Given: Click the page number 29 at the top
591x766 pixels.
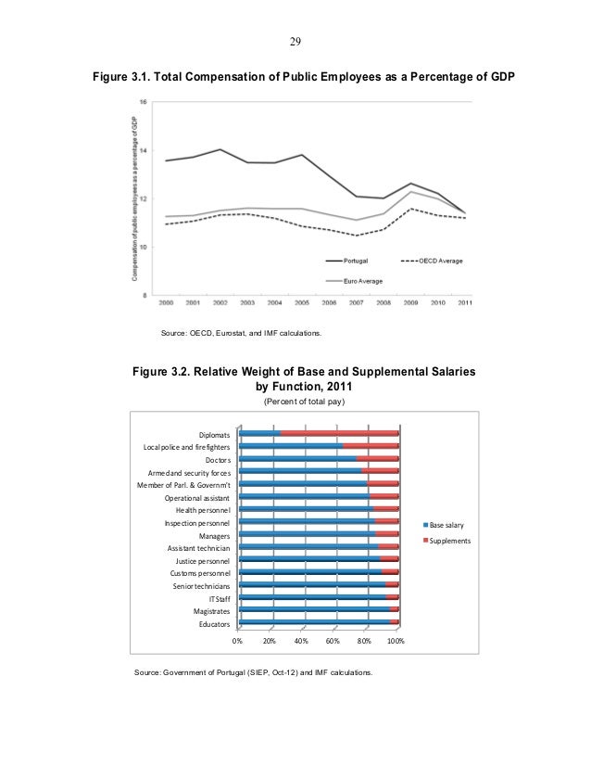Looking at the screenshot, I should coord(295,42).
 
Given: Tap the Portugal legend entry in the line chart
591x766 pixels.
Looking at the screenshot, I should coord(357,261).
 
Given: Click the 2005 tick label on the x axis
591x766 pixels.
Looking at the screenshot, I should coord(303,303).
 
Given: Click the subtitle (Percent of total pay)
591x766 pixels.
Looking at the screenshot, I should coord(304,402).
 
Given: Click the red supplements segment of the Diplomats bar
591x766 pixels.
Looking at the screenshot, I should coord(339,432).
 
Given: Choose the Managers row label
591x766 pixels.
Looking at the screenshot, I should coord(215,535).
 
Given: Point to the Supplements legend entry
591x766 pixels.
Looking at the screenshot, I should coord(450,541).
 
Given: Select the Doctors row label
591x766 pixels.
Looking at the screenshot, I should coord(218,458).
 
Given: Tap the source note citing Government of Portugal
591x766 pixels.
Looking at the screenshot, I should coord(255,669).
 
